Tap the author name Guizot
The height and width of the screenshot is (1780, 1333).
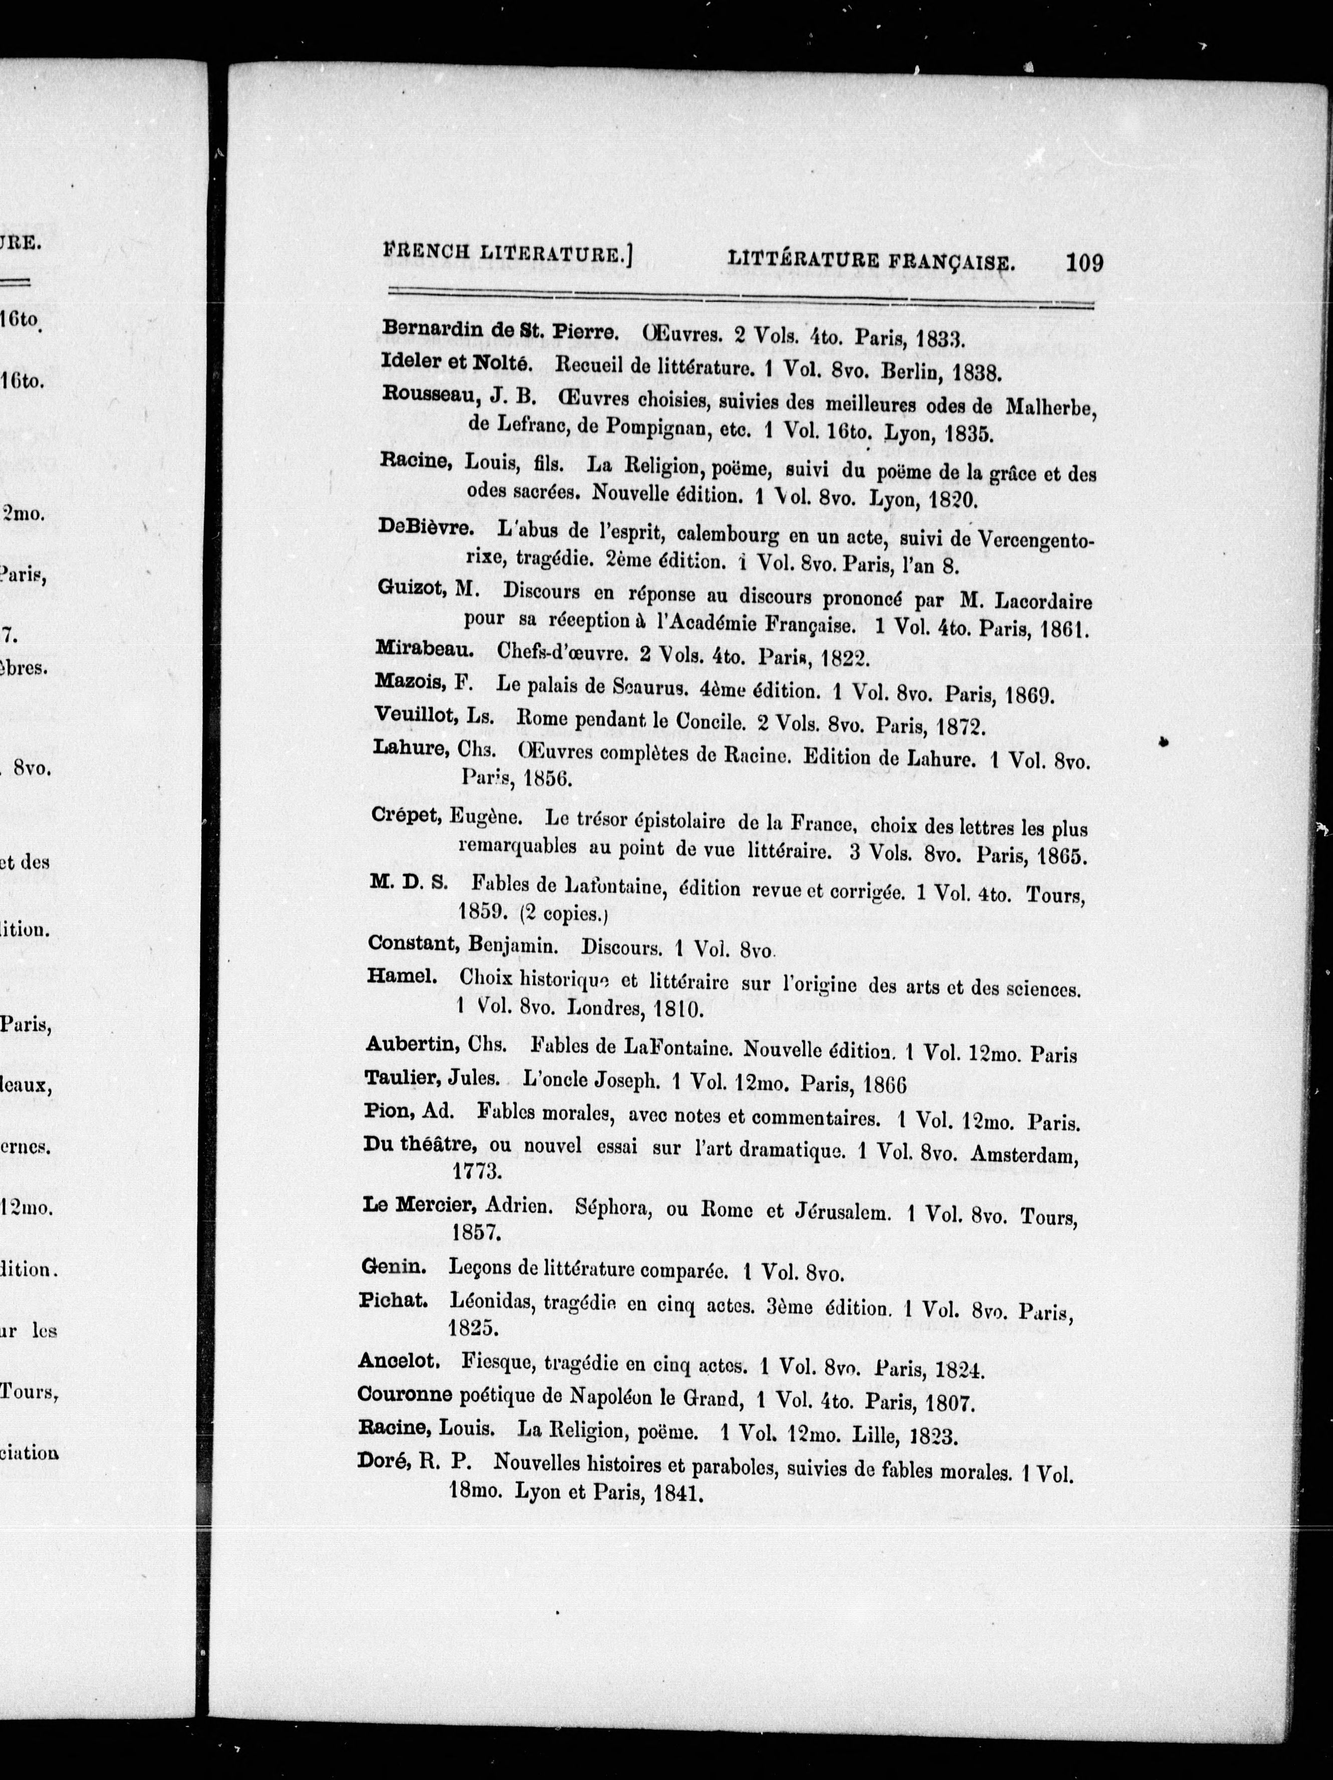tap(409, 588)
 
